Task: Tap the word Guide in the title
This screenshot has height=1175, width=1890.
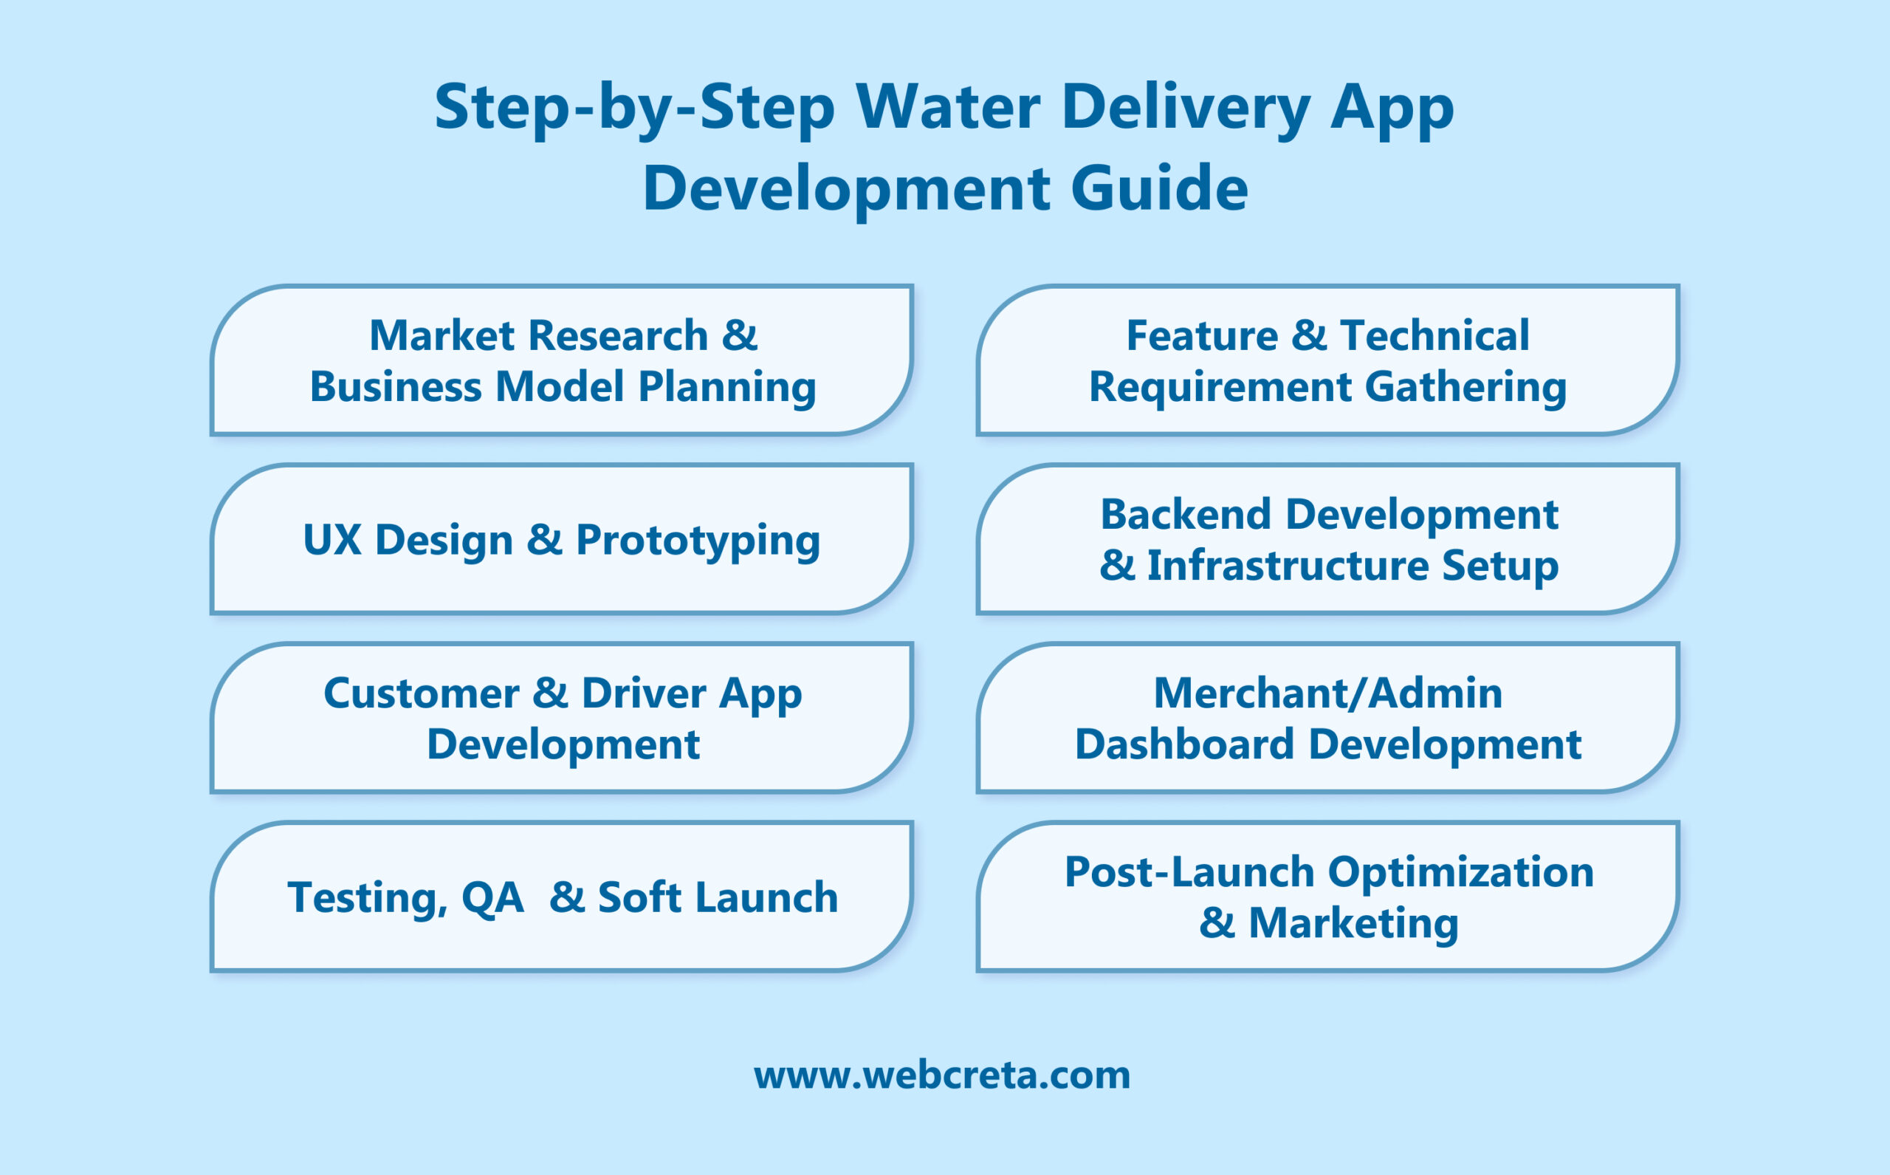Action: tap(1159, 189)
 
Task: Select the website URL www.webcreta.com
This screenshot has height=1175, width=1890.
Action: tap(941, 1075)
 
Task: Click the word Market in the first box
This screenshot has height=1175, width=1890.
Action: tap(441, 336)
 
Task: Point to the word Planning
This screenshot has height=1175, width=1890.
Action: tap(726, 388)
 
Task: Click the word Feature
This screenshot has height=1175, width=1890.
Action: tap(1202, 336)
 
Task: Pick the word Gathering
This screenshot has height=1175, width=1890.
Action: tap(1465, 388)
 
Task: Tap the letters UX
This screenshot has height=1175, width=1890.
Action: tap(331, 540)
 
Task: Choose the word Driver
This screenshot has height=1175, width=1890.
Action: tap(644, 693)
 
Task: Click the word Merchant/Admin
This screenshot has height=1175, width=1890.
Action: tap(1327, 693)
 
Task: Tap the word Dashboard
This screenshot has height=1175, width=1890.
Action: tap(1184, 744)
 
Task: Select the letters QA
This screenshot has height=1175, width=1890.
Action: tap(492, 898)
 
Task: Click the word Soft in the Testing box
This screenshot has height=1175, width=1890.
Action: tap(639, 897)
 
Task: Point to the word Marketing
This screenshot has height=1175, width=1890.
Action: tap(1353, 923)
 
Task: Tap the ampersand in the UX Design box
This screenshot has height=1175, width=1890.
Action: tap(545, 539)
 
